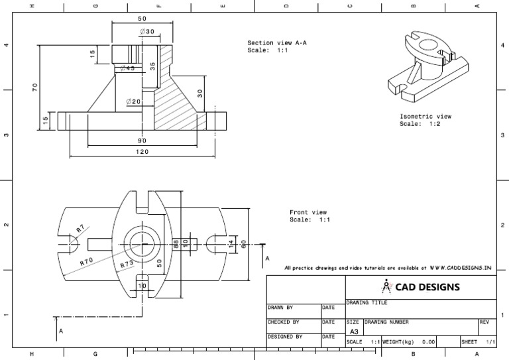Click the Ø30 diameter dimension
(x=146, y=32)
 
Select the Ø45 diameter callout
(x=127, y=68)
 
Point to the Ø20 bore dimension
(x=133, y=101)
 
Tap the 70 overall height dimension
(x=35, y=86)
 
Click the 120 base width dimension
(x=142, y=152)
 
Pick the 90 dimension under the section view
(x=142, y=141)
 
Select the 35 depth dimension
(x=153, y=66)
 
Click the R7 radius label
(x=80, y=229)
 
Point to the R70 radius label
(x=87, y=261)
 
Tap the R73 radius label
(x=127, y=265)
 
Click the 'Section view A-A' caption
(x=277, y=42)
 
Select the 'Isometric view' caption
(x=425, y=116)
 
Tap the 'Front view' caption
(x=308, y=212)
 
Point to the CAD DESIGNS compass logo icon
(x=388, y=286)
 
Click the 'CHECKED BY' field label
(x=284, y=322)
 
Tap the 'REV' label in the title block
(x=484, y=322)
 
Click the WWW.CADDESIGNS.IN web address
(x=461, y=269)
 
